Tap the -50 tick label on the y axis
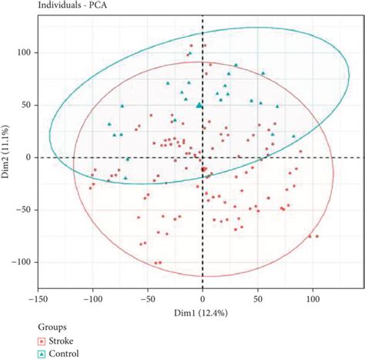point(28,210)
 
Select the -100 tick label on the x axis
point(92,294)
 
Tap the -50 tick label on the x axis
point(147,294)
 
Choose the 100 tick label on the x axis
point(312,294)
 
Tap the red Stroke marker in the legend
point(41,340)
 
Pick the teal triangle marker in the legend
point(41,354)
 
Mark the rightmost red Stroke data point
point(316,237)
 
